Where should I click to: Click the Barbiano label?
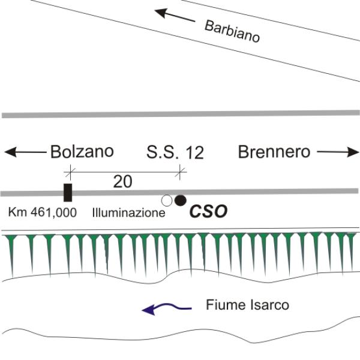[232, 32]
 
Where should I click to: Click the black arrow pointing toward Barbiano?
[175, 15]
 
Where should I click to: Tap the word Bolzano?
[82, 152]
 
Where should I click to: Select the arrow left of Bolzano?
[25, 152]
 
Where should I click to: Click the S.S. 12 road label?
[175, 152]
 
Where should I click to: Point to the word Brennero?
[274, 152]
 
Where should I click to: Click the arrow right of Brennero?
[338, 152]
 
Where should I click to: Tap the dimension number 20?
[122, 182]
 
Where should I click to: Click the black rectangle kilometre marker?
[68, 193]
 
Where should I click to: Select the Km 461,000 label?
[43, 212]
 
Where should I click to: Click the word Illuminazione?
[128, 213]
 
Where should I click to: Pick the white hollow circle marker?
[167, 201]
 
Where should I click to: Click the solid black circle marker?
[180, 200]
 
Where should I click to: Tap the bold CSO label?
[208, 211]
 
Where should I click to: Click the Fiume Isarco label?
[247, 305]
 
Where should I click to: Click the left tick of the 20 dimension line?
[70, 172]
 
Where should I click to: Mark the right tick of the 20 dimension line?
[180, 172]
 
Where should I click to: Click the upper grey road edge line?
[181, 114]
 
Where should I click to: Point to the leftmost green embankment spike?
[12, 255]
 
